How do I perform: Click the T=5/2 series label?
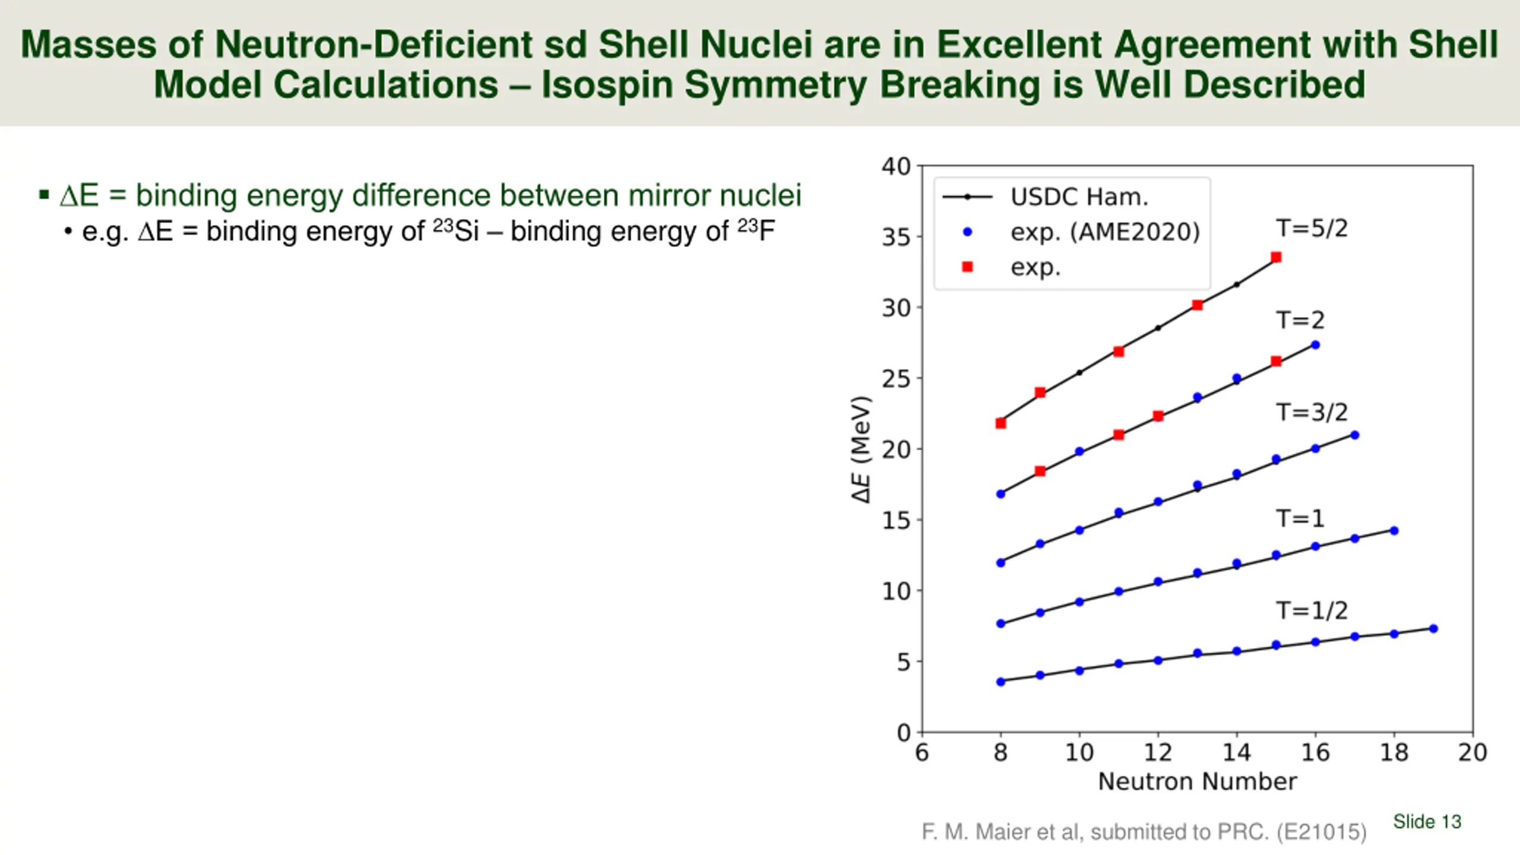pyautogui.click(x=1312, y=229)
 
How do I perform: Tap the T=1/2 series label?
pyautogui.click(x=1312, y=610)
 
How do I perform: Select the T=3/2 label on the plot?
pyautogui.click(x=1312, y=412)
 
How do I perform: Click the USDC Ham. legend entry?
pyautogui.click(x=1079, y=197)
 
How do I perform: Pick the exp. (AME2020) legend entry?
pyautogui.click(x=1105, y=232)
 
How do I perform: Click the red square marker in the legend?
pyautogui.click(x=967, y=267)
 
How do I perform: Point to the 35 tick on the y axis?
pyautogui.click(x=895, y=237)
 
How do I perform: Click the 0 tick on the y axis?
pyautogui.click(x=904, y=733)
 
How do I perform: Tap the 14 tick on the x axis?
pyautogui.click(x=1236, y=753)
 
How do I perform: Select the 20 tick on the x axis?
pyautogui.click(x=1472, y=753)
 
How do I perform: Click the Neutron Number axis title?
pyautogui.click(x=1197, y=781)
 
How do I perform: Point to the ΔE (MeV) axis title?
pyautogui.click(x=861, y=449)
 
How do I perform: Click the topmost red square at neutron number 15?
pyautogui.click(x=1276, y=257)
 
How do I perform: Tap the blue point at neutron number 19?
pyautogui.click(x=1433, y=628)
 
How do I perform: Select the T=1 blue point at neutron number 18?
pyautogui.click(x=1394, y=531)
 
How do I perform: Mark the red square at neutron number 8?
pyautogui.click(x=1000, y=423)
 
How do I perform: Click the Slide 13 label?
pyautogui.click(x=1427, y=822)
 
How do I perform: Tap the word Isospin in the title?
pyautogui.click(x=606, y=84)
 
